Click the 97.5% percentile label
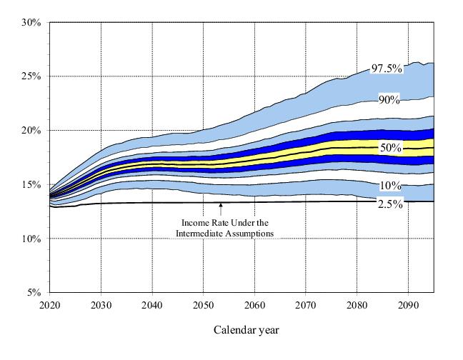(387, 69)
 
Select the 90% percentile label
(389, 99)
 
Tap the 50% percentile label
(390, 148)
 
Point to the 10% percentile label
(390, 186)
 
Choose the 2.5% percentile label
(390, 204)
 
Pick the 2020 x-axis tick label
(50, 305)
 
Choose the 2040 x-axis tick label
(152, 305)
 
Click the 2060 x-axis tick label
(254, 305)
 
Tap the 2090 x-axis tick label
(408, 305)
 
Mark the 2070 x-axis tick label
(306, 305)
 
